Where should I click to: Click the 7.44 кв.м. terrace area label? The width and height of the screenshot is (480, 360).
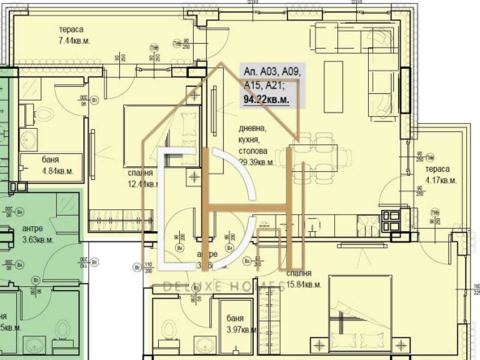click(x=79, y=40)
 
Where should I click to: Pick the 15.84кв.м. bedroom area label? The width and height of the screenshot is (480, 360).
click(x=304, y=285)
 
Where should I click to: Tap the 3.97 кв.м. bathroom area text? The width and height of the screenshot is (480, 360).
click(x=241, y=329)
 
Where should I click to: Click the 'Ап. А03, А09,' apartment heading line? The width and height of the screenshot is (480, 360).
click(x=272, y=71)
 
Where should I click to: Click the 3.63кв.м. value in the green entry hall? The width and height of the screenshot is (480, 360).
click(x=38, y=240)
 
